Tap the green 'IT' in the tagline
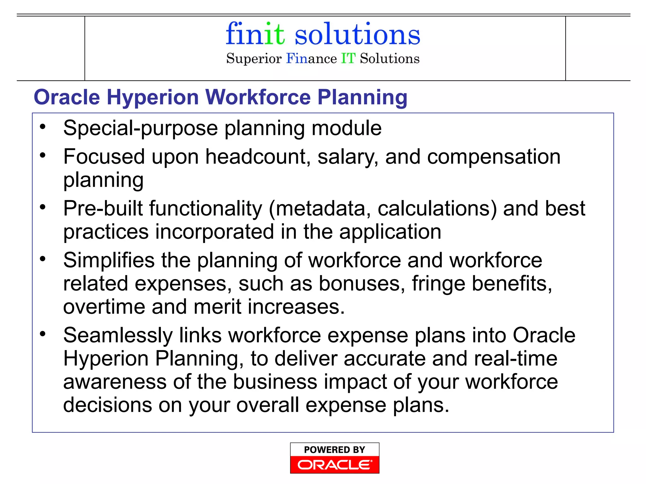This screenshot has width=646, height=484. pyautogui.click(x=348, y=59)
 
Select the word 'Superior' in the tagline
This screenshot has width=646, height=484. pyautogui.click(x=254, y=59)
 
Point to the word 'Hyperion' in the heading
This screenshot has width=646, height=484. pyautogui.click(x=153, y=97)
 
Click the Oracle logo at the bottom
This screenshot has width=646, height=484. pyautogui.click(x=334, y=465)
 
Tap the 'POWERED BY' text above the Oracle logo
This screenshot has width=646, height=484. pyautogui.click(x=334, y=450)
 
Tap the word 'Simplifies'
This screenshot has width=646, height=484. pyautogui.click(x=109, y=260)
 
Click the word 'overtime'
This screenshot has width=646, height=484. pyautogui.click(x=104, y=307)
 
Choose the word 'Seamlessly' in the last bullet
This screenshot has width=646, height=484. pyautogui.click(x=118, y=335)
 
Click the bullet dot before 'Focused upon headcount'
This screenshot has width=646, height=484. pyautogui.click(x=43, y=155)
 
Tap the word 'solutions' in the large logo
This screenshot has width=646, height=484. pyautogui.click(x=357, y=34)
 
